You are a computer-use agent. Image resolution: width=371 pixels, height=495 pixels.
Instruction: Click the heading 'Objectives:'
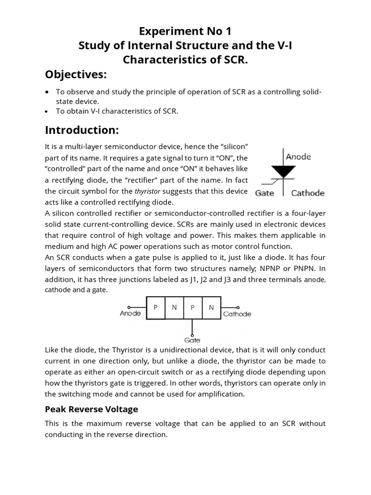point(75,75)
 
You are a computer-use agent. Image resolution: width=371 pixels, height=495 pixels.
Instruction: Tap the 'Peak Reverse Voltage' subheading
point(91,409)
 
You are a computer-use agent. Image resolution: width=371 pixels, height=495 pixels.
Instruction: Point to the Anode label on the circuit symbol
point(299,157)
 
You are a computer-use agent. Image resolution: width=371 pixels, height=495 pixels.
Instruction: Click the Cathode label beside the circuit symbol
point(308,193)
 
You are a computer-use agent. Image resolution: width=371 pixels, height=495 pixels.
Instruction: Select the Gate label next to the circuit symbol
point(265,193)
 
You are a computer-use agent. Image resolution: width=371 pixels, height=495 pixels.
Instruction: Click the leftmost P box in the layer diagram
point(155,307)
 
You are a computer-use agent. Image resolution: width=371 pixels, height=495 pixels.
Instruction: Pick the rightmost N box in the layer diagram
point(211,307)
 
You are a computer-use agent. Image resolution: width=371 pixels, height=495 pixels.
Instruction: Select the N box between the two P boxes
point(174,307)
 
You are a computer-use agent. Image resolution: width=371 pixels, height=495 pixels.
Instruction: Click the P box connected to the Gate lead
point(192,307)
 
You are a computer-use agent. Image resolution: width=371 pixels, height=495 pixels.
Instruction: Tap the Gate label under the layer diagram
point(192,340)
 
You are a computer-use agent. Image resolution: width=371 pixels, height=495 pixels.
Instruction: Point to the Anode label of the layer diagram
point(130,314)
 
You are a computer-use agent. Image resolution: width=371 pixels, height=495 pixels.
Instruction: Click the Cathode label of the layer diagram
point(237,314)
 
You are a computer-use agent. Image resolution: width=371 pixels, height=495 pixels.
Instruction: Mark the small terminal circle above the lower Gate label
point(192,334)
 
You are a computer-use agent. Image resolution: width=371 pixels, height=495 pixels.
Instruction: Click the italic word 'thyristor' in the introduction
point(148,191)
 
